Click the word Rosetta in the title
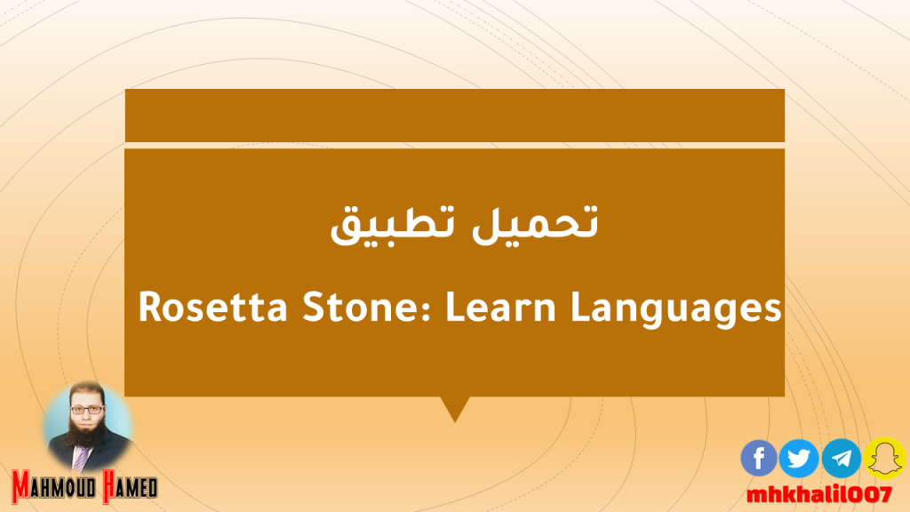point(212,307)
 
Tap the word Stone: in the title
point(367,307)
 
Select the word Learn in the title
point(501,307)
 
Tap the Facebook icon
point(759,458)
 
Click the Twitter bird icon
point(799,458)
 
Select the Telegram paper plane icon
point(841,458)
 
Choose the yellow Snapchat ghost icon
point(884,458)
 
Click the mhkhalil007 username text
point(818,495)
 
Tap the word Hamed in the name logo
point(130,486)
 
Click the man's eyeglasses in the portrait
point(87,409)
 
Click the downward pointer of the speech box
point(455,409)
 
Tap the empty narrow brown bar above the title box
point(455,115)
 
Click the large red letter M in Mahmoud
point(21,486)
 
